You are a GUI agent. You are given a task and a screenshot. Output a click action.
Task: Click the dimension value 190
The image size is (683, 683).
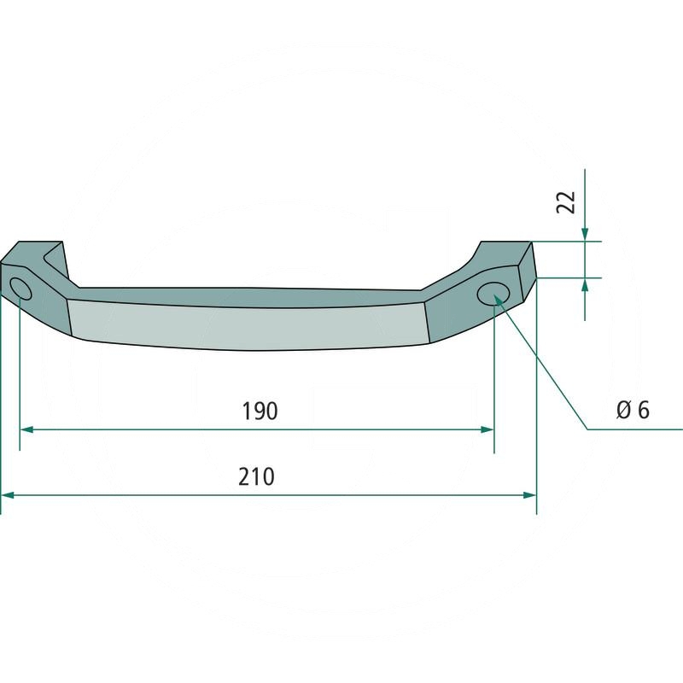pos(260,411)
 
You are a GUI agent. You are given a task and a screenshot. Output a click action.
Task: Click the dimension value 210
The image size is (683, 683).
pos(256,476)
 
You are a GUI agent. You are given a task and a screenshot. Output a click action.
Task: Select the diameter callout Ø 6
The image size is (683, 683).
pos(633,411)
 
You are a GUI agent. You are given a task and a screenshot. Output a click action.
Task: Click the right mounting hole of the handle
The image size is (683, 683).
pos(492,293)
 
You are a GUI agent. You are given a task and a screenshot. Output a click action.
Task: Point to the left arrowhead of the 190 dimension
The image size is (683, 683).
pos(26,429)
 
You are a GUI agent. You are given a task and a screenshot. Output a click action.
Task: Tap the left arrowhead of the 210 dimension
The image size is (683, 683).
pos(8,494)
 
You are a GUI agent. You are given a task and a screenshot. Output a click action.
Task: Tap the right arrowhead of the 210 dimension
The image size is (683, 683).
pos(529,494)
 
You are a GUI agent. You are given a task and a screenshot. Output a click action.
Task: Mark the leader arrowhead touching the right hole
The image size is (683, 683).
pos(499,301)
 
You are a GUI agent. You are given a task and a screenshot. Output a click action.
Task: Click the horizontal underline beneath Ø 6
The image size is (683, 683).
pos(636,429)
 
